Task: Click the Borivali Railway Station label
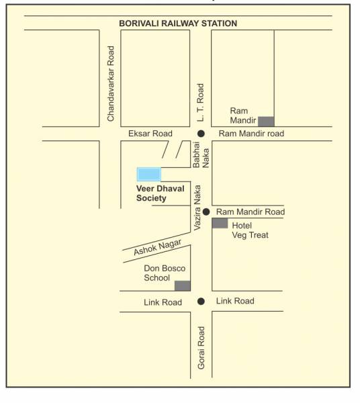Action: pyautogui.click(x=178, y=24)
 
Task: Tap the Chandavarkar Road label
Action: pyautogui.click(x=111, y=84)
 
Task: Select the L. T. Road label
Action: pyautogui.click(x=200, y=103)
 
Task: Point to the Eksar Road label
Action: pyautogui.click(x=150, y=134)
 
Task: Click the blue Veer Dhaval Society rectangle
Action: pyautogui.click(x=149, y=174)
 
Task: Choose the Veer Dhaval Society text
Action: pyautogui.click(x=155, y=193)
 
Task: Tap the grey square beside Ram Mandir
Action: pyautogui.click(x=266, y=121)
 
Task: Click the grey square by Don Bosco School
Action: pyautogui.click(x=183, y=285)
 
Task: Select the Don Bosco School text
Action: pyautogui.click(x=165, y=273)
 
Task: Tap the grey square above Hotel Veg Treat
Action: pyautogui.click(x=220, y=223)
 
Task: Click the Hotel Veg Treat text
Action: pyautogui.click(x=250, y=230)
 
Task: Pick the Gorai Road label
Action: pyautogui.click(x=201, y=348)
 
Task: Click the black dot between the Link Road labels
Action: pyautogui.click(x=201, y=301)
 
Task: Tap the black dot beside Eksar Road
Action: pyautogui.click(x=201, y=134)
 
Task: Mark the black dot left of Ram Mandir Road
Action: pyautogui.click(x=207, y=212)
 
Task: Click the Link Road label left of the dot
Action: pyautogui.click(x=163, y=302)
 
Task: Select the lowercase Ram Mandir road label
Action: pyautogui.click(x=251, y=134)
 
